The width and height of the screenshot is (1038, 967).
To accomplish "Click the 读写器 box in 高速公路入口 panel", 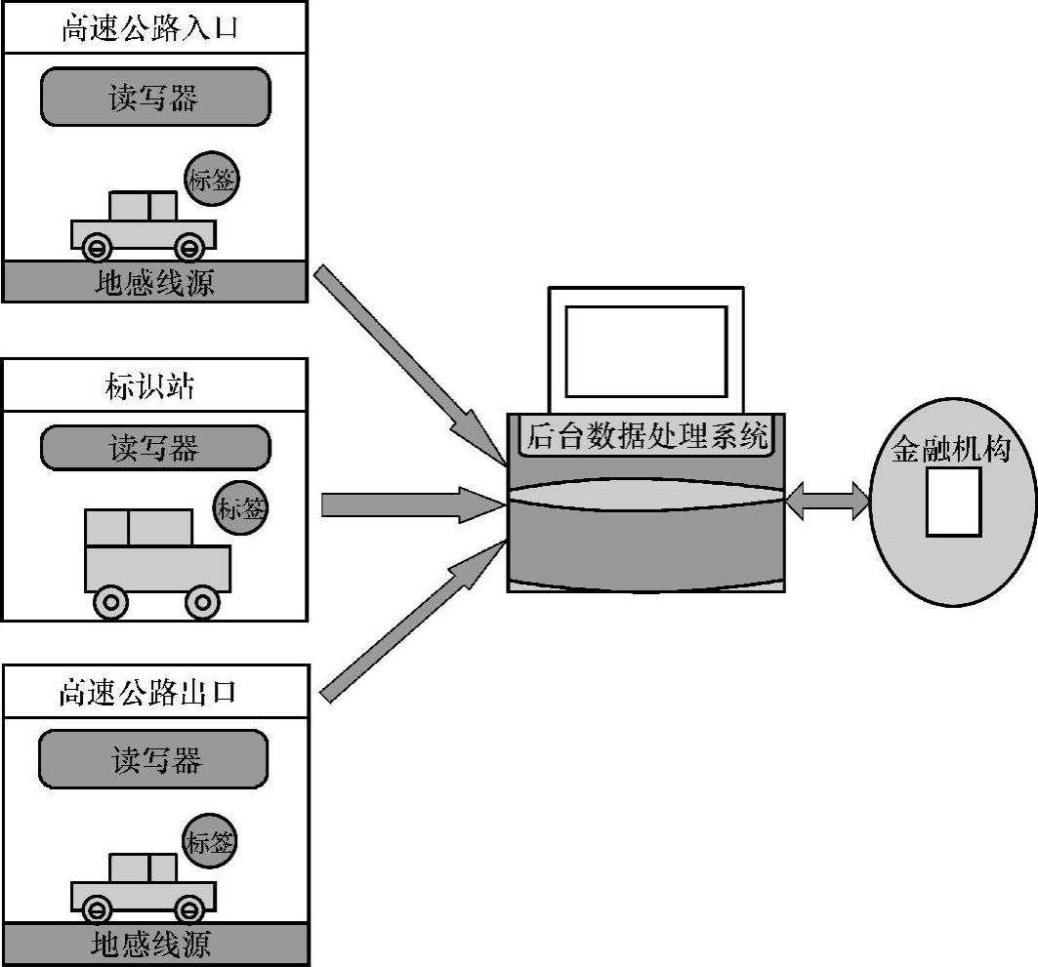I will tap(154, 98).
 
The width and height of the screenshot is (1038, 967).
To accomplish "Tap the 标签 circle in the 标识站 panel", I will tap(240, 508).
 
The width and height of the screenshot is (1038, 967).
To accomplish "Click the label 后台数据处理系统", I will tap(647, 436).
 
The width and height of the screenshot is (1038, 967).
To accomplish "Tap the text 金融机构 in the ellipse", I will tap(950, 450).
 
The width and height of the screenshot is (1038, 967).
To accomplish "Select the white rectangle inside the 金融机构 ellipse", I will tap(952, 502).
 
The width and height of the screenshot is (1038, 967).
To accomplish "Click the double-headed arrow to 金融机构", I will tap(827, 502).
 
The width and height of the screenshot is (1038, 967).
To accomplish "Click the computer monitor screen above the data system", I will tap(645, 351).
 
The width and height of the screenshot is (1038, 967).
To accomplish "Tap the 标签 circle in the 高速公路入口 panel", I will tap(211, 179).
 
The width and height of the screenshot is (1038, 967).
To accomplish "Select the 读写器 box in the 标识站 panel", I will tap(154, 448).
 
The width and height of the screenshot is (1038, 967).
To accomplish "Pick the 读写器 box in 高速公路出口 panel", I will tap(154, 759).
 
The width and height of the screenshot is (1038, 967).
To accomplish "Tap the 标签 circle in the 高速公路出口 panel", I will tap(209, 841).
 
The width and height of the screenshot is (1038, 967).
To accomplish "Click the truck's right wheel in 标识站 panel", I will tap(202, 602).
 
